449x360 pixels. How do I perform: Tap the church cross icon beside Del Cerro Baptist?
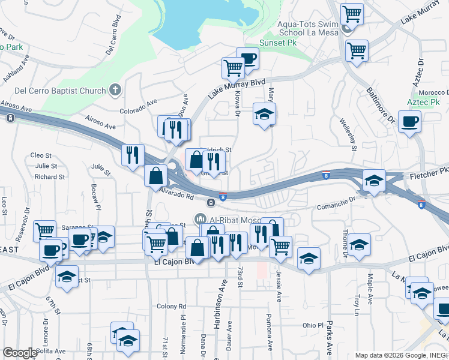click(115, 91)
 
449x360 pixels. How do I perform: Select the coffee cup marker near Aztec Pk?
click(409, 122)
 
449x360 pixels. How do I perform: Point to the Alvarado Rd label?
click(176, 193)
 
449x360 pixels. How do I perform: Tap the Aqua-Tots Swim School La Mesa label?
click(306, 28)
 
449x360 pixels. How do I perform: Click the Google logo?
click(20, 353)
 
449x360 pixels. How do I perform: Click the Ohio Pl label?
click(313, 325)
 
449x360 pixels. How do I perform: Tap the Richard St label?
click(49, 177)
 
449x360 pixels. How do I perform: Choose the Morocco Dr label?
click(435, 92)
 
